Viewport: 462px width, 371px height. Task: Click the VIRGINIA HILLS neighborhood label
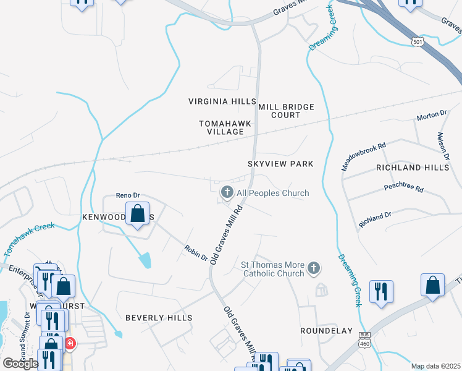pos(222,101)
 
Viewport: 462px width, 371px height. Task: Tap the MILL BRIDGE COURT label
pos(287,111)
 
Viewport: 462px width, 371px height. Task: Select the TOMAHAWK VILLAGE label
pos(225,128)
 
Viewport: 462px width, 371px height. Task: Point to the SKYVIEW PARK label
pos(280,164)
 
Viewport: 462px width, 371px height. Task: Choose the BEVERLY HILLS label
pos(159,318)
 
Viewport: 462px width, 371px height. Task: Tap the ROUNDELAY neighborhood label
pos(326,331)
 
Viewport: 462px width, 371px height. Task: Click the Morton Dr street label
pos(431,115)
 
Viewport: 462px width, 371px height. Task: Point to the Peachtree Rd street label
pos(403,187)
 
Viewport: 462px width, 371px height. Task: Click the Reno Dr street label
pos(129,195)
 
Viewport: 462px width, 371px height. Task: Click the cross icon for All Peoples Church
pos(227,193)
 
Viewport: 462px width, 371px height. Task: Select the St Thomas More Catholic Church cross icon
pos(314,268)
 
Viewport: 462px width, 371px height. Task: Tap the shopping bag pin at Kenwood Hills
pos(138,214)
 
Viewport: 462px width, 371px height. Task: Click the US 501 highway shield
pos(418,40)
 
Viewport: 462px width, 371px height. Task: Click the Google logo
pos(20,364)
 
